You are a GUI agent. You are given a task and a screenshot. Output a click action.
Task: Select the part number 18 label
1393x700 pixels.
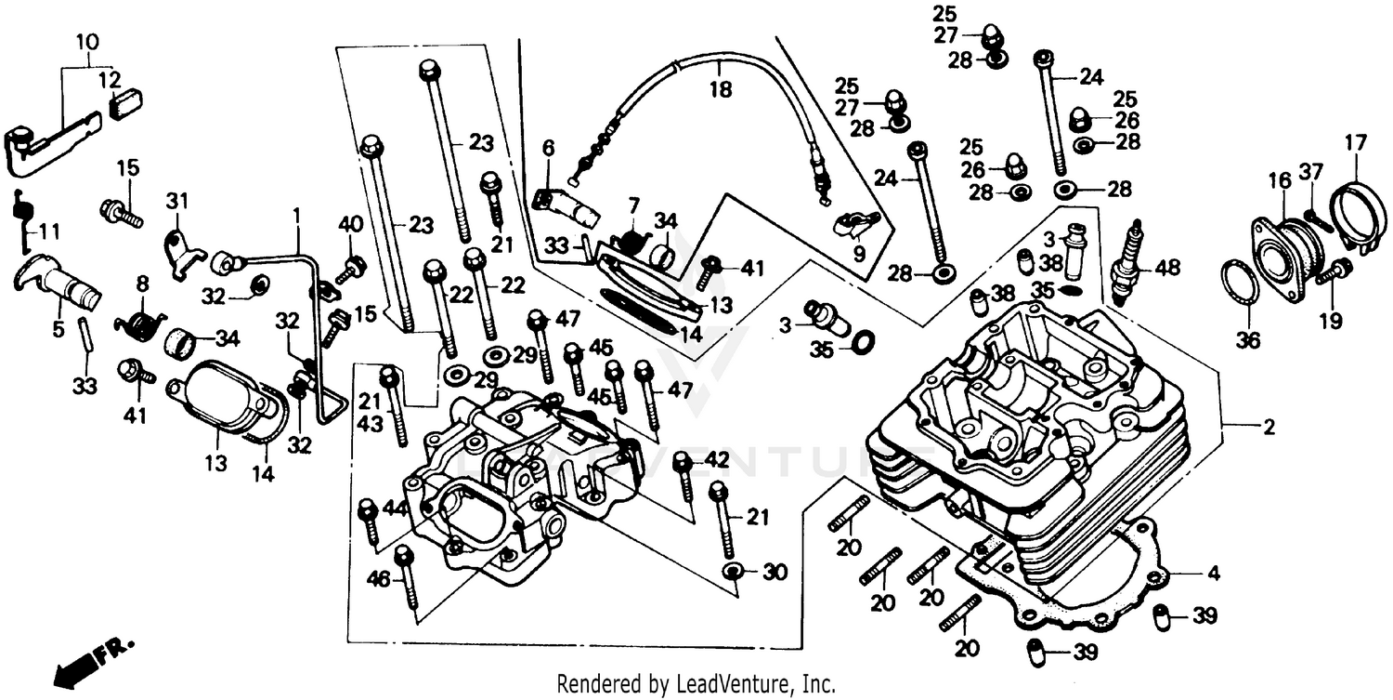[721, 90]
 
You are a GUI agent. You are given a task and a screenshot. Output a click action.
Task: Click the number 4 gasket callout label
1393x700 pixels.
[1213, 574]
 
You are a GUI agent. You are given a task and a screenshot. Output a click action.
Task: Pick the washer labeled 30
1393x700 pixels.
[732, 569]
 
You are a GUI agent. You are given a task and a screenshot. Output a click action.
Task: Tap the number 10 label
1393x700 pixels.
[85, 42]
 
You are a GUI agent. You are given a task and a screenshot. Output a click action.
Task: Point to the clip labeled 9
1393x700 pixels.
[851, 227]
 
